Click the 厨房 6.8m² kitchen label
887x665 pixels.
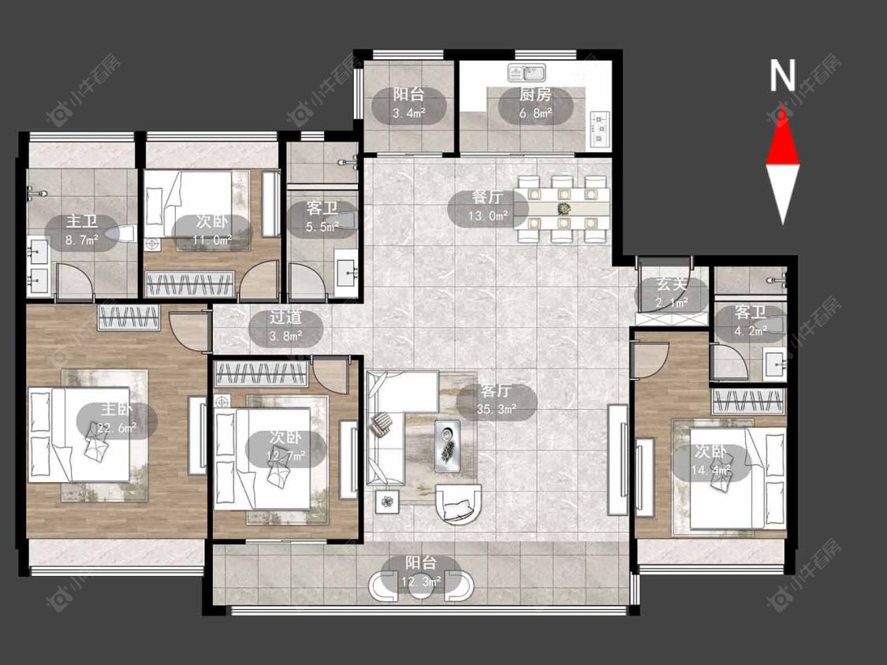(535, 105)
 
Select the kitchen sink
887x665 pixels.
(527, 73)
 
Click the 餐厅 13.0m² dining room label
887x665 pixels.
(487, 207)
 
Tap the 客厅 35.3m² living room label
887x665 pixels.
(497, 399)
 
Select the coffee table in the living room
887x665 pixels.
(448, 445)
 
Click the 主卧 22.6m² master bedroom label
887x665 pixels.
(117, 418)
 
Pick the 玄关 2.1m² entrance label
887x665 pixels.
(672, 294)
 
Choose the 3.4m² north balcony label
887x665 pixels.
(409, 104)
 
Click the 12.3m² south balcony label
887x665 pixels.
(421, 572)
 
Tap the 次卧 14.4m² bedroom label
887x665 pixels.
(711, 460)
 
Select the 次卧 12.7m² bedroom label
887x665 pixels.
(285, 446)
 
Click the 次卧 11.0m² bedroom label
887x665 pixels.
(212, 231)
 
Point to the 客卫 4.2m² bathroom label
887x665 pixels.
(751, 321)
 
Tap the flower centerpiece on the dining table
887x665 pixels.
(564, 209)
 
